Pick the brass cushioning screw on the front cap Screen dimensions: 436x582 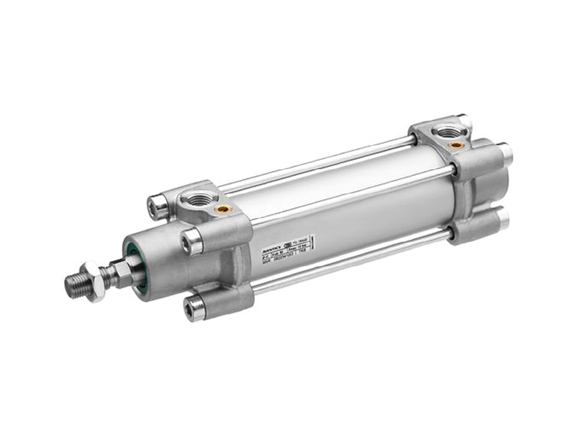tap(222, 208)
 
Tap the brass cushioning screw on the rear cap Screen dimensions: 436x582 tap(457, 144)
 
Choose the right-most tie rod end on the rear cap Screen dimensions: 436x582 tap(504, 152)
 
